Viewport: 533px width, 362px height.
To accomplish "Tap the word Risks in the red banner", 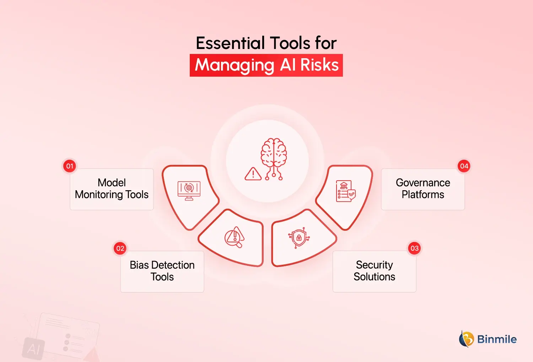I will tap(319, 65).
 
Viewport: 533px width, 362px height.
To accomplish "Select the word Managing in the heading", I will tap(235, 66).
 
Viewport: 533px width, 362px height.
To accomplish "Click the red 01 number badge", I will tap(70, 166).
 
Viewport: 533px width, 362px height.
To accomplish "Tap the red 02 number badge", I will tap(120, 248).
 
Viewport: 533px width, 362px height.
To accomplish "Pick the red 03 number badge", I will tap(414, 248).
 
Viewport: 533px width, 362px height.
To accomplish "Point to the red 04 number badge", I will tap(464, 166).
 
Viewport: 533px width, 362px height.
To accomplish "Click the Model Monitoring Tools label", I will tap(112, 189).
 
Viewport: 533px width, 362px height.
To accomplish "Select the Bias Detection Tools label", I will tap(162, 271).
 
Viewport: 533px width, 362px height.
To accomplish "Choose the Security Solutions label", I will tap(374, 271).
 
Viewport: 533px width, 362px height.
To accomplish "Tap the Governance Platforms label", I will tap(423, 189).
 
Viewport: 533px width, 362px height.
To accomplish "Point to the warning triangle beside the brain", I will tap(253, 174).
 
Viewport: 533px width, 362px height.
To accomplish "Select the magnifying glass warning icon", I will tap(234, 237).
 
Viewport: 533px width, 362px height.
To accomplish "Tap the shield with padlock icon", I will tap(299, 237).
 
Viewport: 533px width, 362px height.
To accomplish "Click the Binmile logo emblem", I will tap(466, 339).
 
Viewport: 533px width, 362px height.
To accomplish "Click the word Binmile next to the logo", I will tap(497, 339).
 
